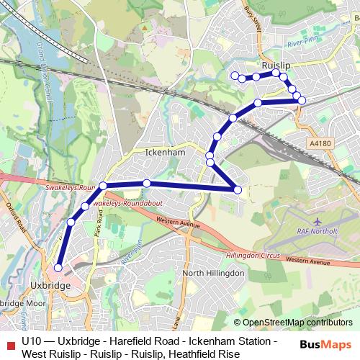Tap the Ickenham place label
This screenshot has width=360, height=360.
[166, 153]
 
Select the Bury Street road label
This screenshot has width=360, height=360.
[252, 14]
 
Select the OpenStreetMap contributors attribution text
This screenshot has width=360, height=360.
[297, 323]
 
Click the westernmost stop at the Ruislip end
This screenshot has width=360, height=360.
[233, 75]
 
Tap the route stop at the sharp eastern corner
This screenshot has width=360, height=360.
[238, 189]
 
